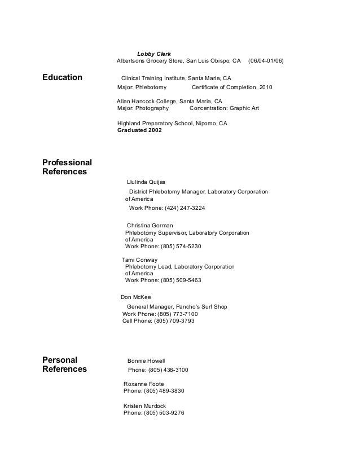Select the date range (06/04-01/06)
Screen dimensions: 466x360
266,61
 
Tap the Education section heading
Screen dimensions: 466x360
62,77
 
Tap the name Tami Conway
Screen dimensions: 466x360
139,260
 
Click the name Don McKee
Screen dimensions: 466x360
135,297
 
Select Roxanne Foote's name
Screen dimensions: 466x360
143,384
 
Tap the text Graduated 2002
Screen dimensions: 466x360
139,130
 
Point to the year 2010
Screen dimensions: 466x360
265,88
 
